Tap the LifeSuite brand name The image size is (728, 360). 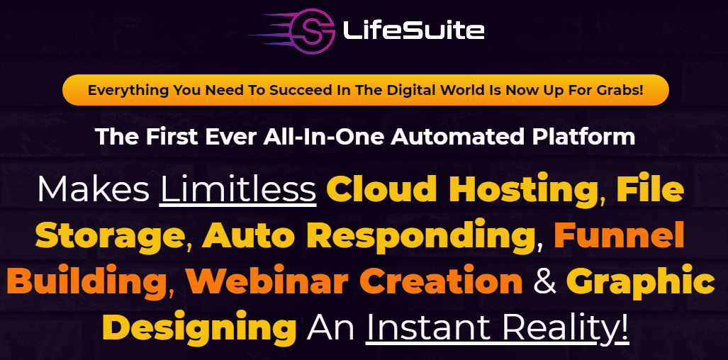(413, 31)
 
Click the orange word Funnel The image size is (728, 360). (620, 235)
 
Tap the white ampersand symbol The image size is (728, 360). (545, 281)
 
